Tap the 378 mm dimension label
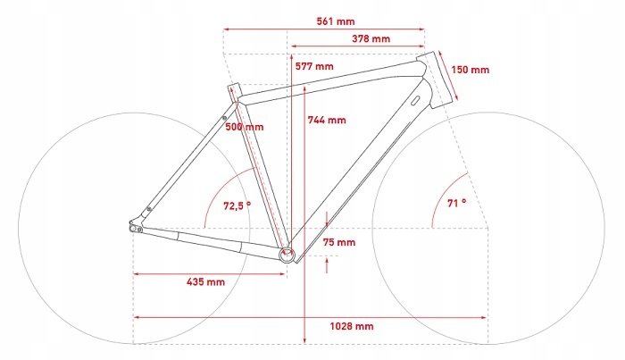[371, 39]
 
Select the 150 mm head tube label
[470, 69]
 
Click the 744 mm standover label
[327, 120]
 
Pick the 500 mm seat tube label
[244, 127]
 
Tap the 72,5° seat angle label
[237, 205]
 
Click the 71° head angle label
[456, 203]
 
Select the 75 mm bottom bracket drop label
[339, 242]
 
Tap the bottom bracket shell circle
[287, 255]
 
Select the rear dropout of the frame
[137, 227]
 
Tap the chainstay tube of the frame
[214, 240]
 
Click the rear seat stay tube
[187, 161]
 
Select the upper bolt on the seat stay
[224, 115]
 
